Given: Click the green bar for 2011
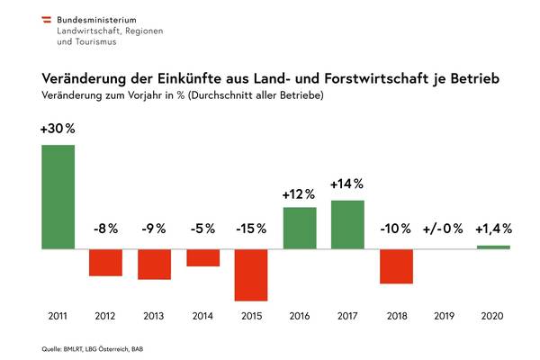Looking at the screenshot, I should (x=58, y=196).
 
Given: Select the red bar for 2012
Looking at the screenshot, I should (x=105, y=262).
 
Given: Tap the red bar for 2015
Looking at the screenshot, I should (x=251, y=274).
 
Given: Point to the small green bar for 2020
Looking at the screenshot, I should (x=493, y=247).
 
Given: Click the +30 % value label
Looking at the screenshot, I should (x=58, y=129).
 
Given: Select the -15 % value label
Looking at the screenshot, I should (x=250, y=229).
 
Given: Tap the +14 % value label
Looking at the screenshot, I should (x=347, y=184).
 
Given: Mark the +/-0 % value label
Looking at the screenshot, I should (x=444, y=229).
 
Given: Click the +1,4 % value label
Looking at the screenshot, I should (x=492, y=229).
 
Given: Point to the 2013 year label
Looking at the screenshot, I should (x=154, y=317).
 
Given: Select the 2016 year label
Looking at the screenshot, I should (x=300, y=317).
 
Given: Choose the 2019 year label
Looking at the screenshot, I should (x=445, y=317).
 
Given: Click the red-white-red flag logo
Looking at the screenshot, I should (x=43, y=18).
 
